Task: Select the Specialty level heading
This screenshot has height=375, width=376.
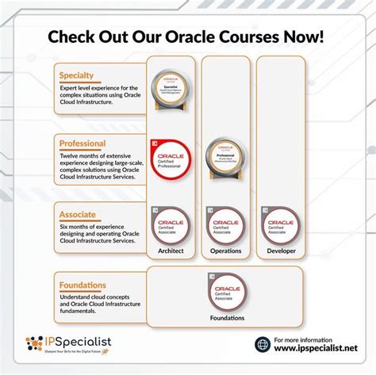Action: click(76, 75)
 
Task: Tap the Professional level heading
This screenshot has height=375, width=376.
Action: click(82, 144)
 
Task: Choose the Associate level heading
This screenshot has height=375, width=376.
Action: click(77, 214)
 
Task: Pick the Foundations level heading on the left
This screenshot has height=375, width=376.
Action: click(82, 285)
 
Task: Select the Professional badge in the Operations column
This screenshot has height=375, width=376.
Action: click(225, 158)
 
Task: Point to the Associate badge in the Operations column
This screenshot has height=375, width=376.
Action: click(225, 226)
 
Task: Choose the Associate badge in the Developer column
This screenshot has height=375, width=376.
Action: click(278, 226)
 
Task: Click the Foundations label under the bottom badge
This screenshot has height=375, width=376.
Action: click(227, 318)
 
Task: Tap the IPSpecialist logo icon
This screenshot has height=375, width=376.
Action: click(35, 343)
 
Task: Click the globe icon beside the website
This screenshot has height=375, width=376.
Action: click(263, 344)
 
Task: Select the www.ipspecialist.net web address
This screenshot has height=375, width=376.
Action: click(315, 349)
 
